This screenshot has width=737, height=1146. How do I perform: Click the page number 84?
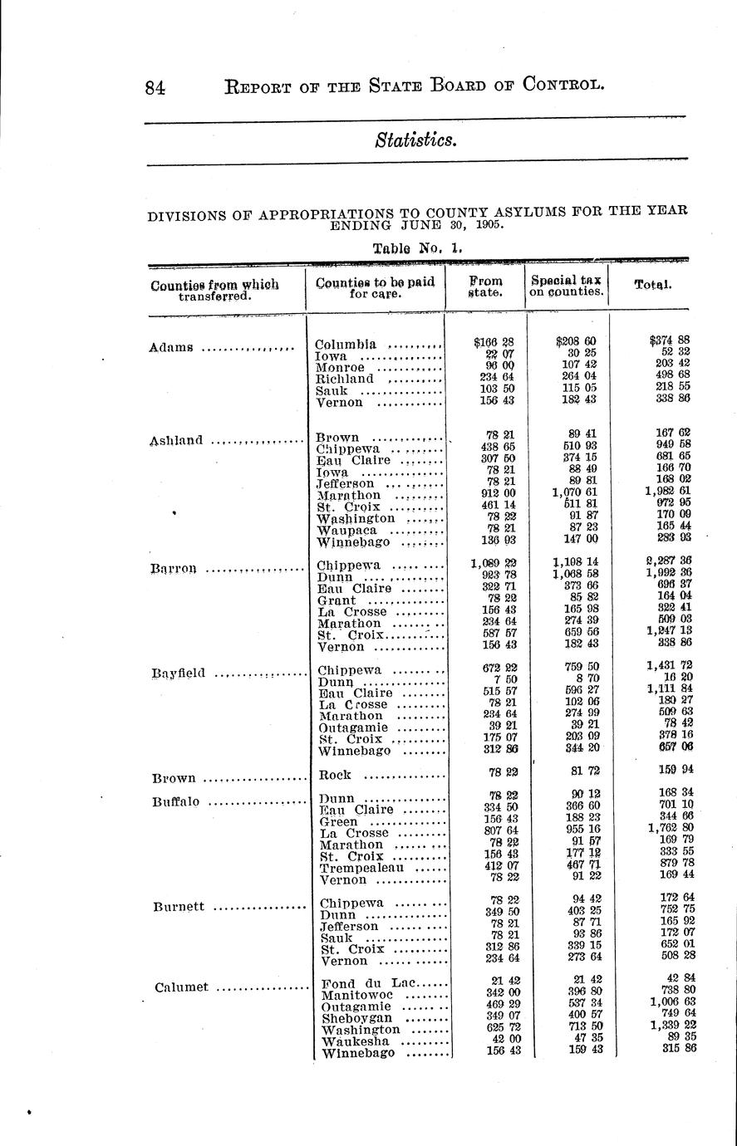pyautogui.click(x=155, y=86)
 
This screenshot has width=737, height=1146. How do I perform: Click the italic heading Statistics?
pyautogui.click(x=415, y=140)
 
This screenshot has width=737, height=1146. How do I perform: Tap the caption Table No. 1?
pyautogui.click(x=417, y=247)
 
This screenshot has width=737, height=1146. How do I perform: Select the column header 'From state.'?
pyautogui.click(x=485, y=286)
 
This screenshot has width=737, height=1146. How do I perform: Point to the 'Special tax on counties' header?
pyautogui.click(x=567, y=286)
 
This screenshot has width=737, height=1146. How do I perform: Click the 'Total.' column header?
pyautogui.click(x=652, y=284)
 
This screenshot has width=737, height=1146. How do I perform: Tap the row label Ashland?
pyautogui.click(x=176, y=441)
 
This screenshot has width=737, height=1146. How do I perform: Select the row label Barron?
pyautogui.click(x=174, y=569)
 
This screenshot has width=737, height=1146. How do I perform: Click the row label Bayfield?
pyautogui.click(x=178, y=674)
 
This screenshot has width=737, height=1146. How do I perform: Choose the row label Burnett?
pyautogui.click(x=178, y=907)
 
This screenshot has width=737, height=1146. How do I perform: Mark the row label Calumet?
pyautogui.click(x=179, y=987)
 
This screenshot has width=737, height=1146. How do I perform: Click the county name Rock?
pyautogui.click(x=335, y=775)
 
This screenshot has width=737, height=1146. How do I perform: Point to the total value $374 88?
pyautogui.click(x=671, y=340)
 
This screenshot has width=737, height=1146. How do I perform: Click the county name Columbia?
pyautogui.click(x=346, y=345)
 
